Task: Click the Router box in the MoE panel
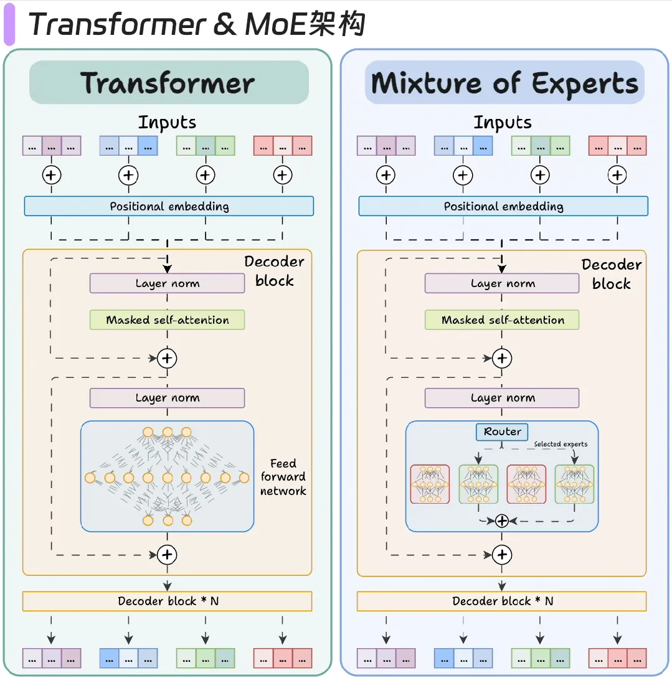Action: point(501,431)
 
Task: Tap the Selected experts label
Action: point(561,444)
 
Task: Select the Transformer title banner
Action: point(169,82)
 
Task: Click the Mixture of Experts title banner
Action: point(504,82)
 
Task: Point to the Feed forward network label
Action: point(283,477)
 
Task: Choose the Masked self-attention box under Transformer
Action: point(168,320)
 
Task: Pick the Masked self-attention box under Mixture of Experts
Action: point(502,320)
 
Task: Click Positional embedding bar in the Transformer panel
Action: point(169,206)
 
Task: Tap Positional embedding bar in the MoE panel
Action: point(503,206)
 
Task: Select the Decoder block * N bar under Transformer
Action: point(168,601)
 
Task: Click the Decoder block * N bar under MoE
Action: point(501,601)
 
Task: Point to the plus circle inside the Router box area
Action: point(501,521)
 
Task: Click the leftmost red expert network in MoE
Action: point(430,484)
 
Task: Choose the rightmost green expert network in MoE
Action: point(574,484)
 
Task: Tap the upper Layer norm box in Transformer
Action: point(168,283)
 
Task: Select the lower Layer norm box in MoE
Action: point(502,398)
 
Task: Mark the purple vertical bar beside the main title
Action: point(9,24)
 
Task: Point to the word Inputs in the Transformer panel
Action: point(168,123)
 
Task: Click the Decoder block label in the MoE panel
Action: point(612,274)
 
